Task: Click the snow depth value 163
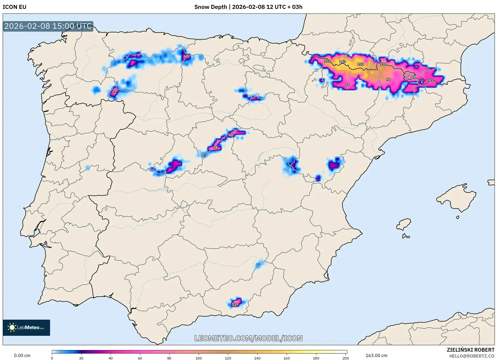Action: pyautogui.click(x=342, y=62)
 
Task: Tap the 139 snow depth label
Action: pyautogui.click(x=235, y=304)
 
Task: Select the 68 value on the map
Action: pyautogui.click(x=186, y=57)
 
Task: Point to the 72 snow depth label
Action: pyautogui.click(x=114, y=93)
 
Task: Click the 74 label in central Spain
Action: pyautogui.click(x=215, y=147)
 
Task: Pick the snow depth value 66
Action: pyautogui.click(x=231, y=135)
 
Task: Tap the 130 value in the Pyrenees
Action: pyautogui.click(x=383, y=65)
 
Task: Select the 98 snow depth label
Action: pyautogui.click(x=388, y=80)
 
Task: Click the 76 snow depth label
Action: pyautogui.click(x=348, y=85)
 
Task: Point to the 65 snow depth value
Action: pyautogui.click(x=431, y=80)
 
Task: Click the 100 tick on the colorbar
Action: pyautogui.click(x=199, y=358)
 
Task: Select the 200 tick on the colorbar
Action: pyautogui.click(x=346, y=358)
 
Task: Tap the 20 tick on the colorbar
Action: pyautogui.click(x=81, y=358)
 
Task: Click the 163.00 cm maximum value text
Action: pyautogui.click(x=376, y=356)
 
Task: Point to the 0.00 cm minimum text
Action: pyautogui.click(x=22, y=356)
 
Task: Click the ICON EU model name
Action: pyautogui.click(x=15, y=7)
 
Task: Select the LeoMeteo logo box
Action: pyautogui.click(x=26, y=328)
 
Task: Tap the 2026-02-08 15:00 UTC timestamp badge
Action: pyautogui.click(x=48, y=26)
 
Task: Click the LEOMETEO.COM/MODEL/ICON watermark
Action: pyautogui.click(x=248, y=338)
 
